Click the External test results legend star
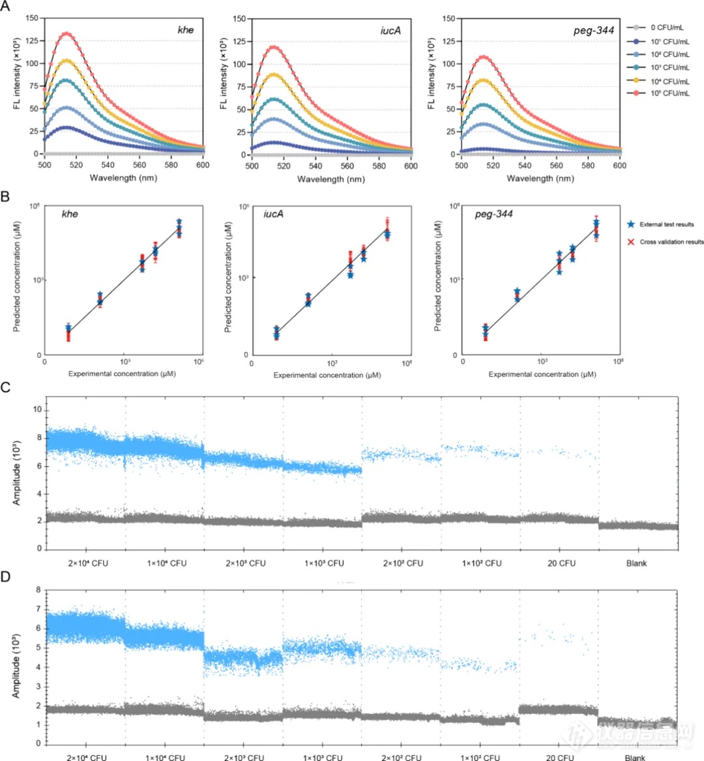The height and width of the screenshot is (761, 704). (x=630, y=224)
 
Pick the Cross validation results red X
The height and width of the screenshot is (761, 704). (x=630, y=242)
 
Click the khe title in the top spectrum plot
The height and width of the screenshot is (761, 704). (x=186, y=30)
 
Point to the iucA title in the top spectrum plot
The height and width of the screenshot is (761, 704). (x=390, y=30)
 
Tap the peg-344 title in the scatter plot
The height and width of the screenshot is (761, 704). (x=493, y=214)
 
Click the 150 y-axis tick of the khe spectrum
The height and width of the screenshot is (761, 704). (x=32, y=18)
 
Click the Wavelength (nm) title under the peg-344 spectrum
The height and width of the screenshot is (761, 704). (x=540, y=179)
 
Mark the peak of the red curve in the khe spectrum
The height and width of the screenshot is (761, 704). (x=66, y=34)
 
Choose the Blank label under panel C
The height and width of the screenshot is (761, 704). (x=636, y=563)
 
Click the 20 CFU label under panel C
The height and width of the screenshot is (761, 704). (x=561, y=563)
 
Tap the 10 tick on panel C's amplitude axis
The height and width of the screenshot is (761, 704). (x=38, y=410)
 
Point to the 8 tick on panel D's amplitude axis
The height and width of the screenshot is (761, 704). (x=38, y=590)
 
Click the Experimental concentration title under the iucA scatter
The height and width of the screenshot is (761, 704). (x=327, y=375)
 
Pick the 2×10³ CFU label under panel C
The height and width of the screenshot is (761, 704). (x=246, y=563)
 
